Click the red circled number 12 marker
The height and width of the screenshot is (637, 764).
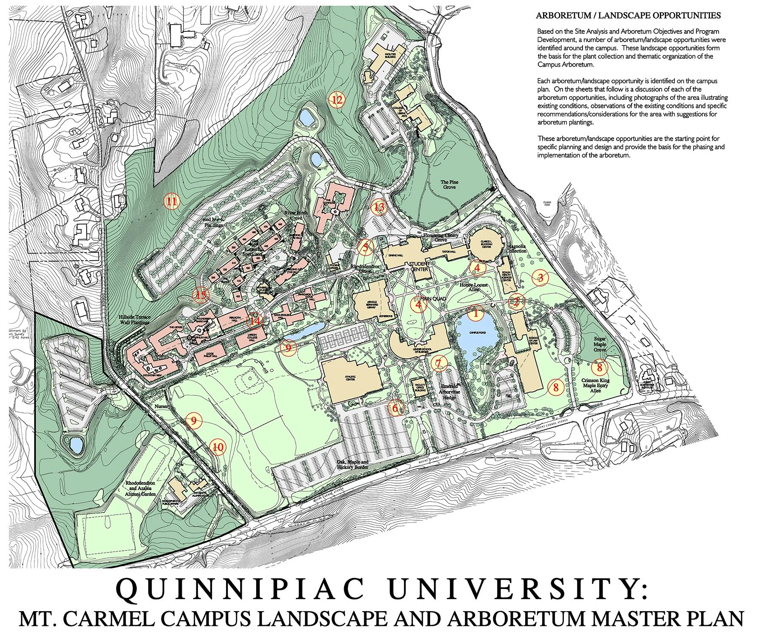click(x=337, y=100)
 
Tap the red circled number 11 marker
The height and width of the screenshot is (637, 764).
click(x=172, y=201)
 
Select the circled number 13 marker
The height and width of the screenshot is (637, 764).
click(x=379, y=207)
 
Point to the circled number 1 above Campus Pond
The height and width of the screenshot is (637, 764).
click(x=475, y=313)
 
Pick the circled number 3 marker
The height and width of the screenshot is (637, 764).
click(x=540, y=278)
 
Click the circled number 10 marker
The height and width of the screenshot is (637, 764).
click(x=218, y=447)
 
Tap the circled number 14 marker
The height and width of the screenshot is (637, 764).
click(x=255, y=321)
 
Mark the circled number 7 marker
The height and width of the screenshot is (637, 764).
click(x=439, y=363)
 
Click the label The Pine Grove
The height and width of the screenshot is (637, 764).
click(x=450, y=185)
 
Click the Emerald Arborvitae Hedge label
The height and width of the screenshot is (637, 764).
click(x=449, y=392)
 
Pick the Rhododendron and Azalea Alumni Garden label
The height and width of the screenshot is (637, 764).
click(x=140, y=488)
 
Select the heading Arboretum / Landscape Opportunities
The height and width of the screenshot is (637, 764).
click(x=628, y=16)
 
